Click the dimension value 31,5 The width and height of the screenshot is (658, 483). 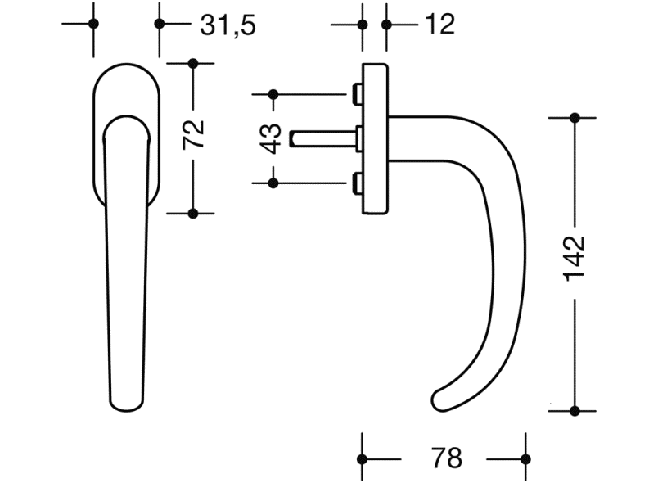pos(228,25)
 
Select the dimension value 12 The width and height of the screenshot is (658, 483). pos(439,25)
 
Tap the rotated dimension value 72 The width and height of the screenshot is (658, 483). pos(193,134)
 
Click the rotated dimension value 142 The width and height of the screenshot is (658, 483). pos(575,259)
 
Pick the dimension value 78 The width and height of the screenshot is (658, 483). pos(447,458)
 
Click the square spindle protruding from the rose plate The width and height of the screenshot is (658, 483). pos(323,139)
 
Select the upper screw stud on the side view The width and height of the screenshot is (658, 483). pos(356,94)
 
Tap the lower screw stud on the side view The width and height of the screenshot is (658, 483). pos(356,183)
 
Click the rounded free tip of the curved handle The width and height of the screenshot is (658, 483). pos(439,400)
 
